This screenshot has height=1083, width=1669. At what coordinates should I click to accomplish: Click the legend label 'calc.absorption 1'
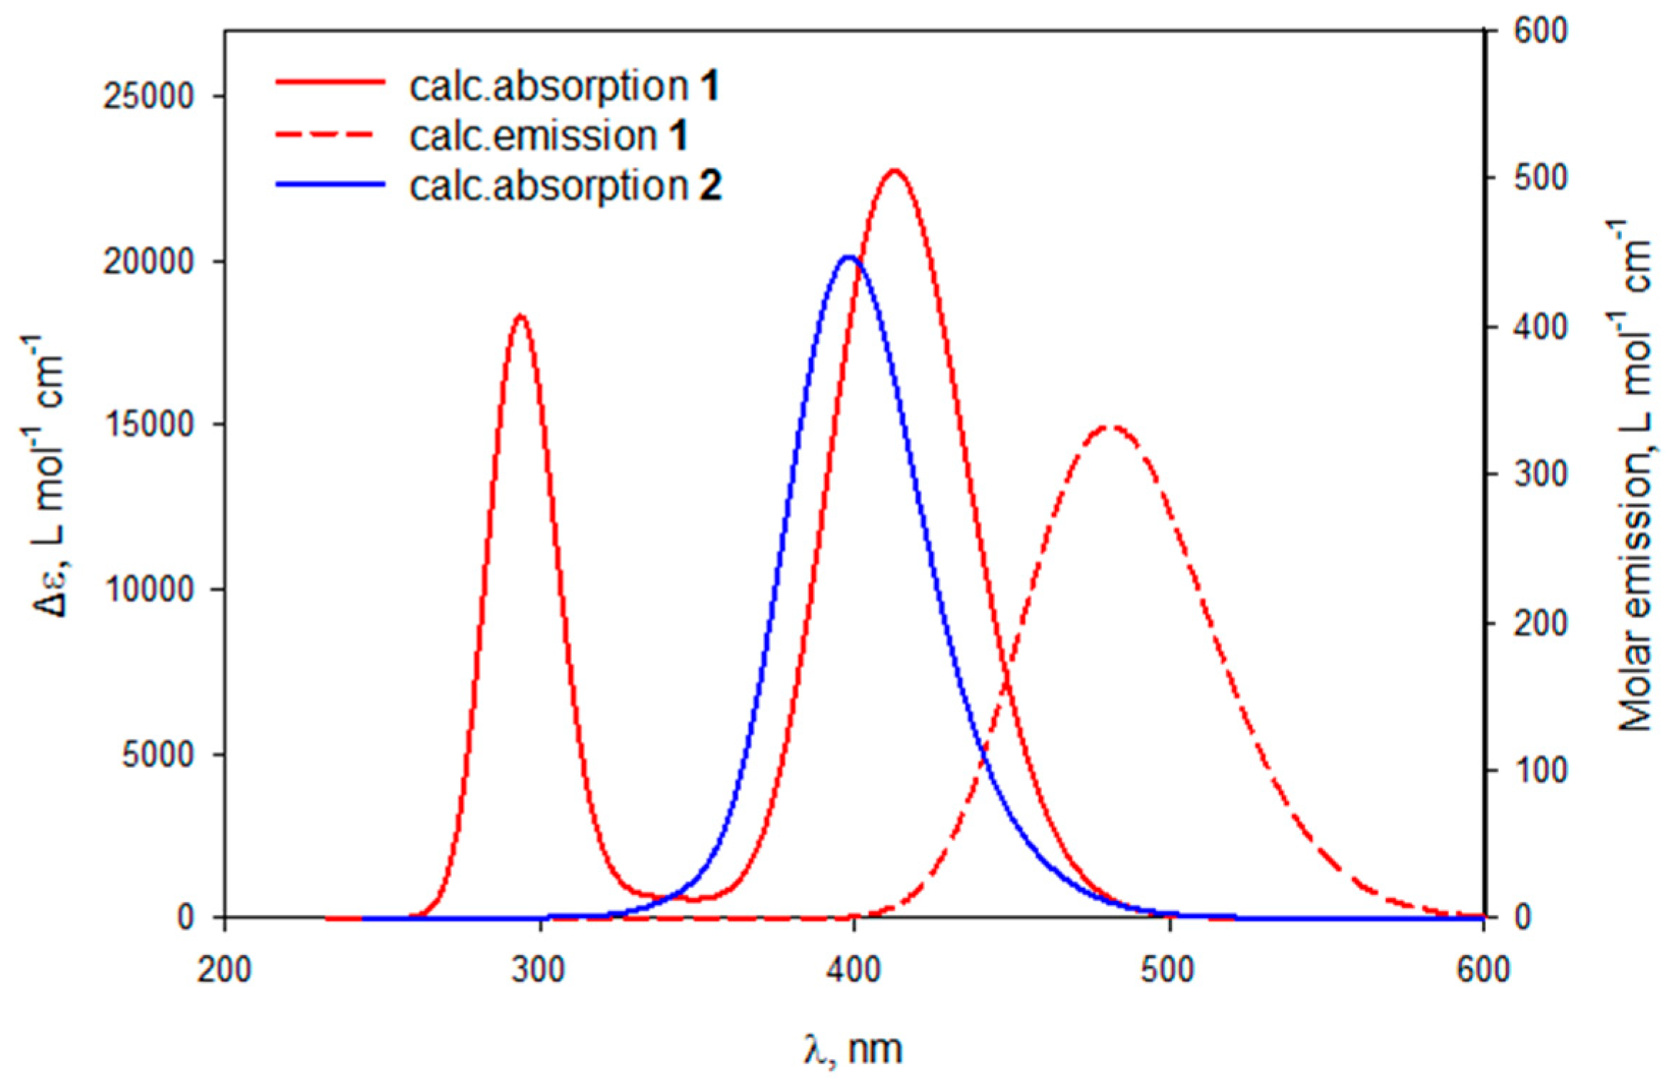point(563,86)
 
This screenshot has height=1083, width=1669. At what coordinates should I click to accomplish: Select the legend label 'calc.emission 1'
point(548,136)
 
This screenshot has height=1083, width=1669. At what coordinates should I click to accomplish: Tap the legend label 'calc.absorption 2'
point(565,186)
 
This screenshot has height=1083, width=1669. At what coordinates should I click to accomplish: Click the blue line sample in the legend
point(330,184)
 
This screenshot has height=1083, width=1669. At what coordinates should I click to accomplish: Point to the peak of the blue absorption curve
point(848,257)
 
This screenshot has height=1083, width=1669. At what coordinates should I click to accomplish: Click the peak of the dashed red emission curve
point(1109,426)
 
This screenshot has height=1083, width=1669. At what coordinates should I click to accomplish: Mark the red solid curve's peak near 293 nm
point(521,316)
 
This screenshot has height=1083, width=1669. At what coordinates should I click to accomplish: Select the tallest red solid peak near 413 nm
point(893,171)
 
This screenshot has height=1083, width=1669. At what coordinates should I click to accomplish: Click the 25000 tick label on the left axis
point(149,97)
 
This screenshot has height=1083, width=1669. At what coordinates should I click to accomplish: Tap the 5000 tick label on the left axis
point(158,755)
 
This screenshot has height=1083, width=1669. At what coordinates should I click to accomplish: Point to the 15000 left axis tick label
point(149,425)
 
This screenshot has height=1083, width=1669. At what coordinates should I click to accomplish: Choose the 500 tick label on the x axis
point(1168,970)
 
